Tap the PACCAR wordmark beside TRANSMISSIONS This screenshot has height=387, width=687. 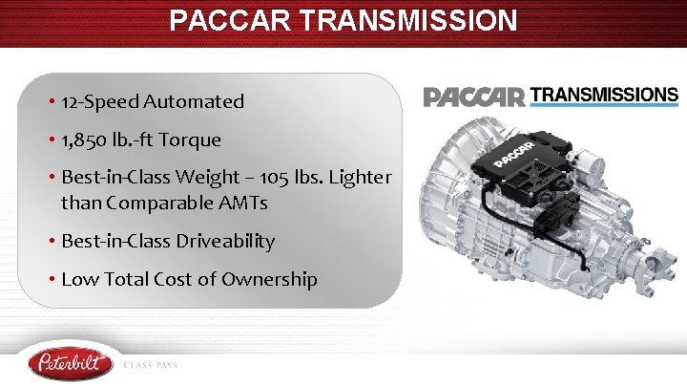474,97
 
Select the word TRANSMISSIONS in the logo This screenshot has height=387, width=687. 604,95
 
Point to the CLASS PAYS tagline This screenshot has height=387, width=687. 151,365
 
